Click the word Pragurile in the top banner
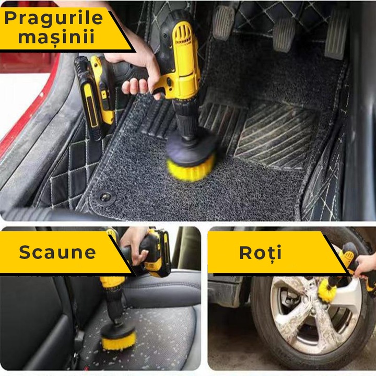point(54,17)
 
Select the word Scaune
point(57,252)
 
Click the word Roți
point(261,252)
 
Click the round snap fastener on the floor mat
point(105,197)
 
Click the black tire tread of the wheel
point(261,334)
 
